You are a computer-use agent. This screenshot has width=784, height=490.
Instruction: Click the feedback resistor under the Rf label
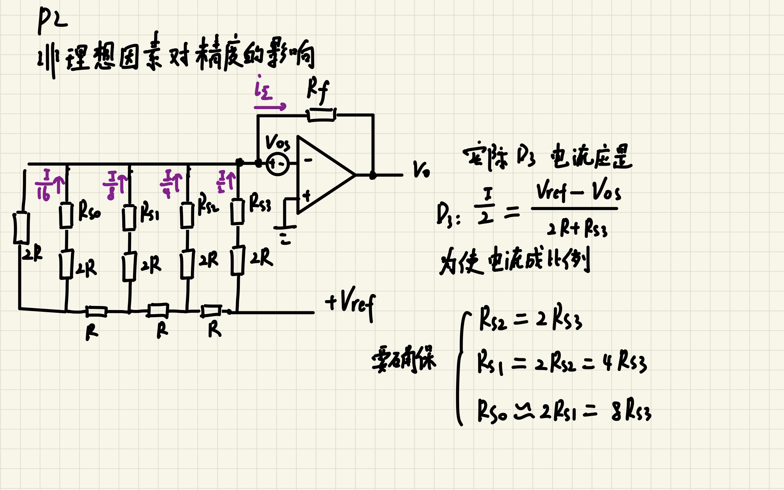(x=321, y=115)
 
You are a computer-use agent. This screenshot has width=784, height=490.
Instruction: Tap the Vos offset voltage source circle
(x=278, y=164)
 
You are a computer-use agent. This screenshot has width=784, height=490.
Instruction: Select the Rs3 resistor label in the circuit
(x=260, y=203)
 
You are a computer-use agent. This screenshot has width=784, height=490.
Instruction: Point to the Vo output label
(x=421, y=170)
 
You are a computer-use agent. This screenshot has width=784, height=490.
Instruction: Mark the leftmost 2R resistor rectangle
(x=21, y=228)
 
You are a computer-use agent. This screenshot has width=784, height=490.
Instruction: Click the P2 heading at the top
(x=53, y=20)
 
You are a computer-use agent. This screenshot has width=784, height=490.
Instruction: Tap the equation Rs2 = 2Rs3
(x=531, y=319)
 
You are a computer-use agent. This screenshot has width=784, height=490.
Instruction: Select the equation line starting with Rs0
(x=564, y=411)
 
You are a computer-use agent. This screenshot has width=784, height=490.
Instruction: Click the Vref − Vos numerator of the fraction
(x=578, y=191)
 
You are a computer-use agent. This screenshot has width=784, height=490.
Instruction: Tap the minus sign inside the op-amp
(x=308, y=160)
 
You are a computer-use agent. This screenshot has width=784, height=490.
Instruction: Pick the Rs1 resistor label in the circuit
(x=150, y=213)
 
